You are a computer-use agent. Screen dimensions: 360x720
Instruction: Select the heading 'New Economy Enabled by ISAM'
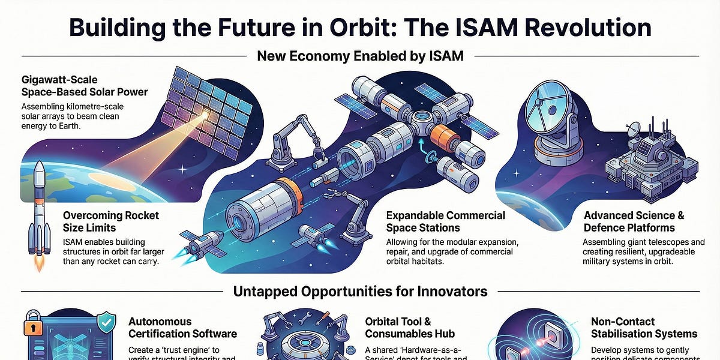click(x=359, y=56)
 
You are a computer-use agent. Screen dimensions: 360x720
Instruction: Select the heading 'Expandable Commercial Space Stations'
click(x=445, y=221)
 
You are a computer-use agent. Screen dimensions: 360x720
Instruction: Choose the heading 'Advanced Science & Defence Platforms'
click(x=634, y=221)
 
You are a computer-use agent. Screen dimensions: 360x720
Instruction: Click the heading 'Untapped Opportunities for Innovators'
click(x=359, y=292)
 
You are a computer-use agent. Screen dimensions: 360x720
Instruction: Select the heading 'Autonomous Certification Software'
click(x=183, y=328)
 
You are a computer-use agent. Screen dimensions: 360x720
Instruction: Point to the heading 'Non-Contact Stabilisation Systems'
click(x=644, y=328)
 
